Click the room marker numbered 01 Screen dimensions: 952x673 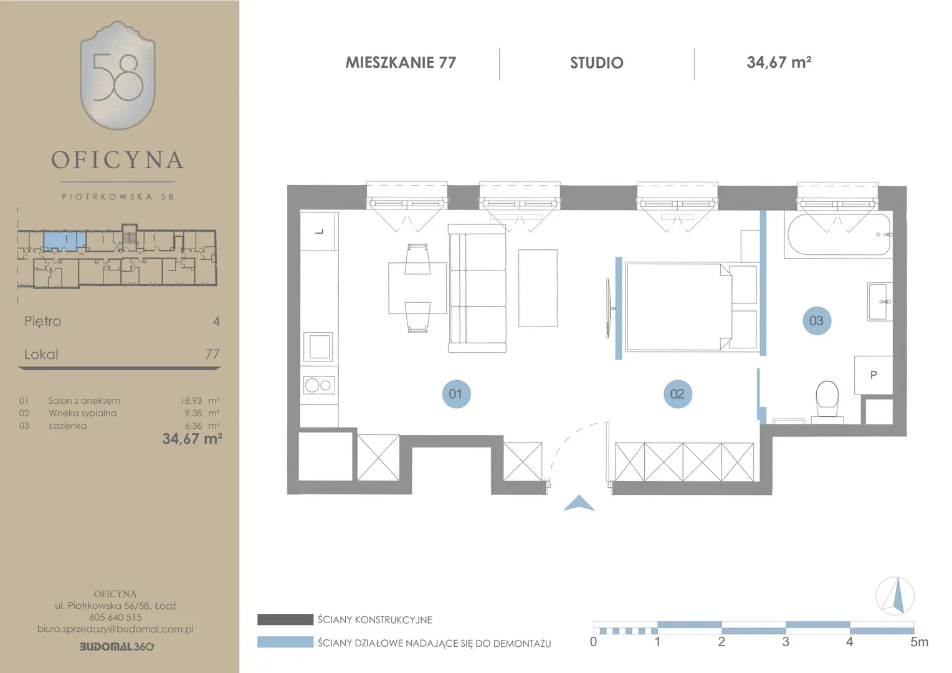tap(456, 394)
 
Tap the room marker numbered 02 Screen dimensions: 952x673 tap(677, 394)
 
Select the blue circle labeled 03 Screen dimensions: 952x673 tap(816, 320)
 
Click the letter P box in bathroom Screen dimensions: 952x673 tap(873, 375)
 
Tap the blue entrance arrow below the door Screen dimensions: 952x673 tap(578, 503)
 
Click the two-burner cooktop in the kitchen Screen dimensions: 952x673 tap(319, 385)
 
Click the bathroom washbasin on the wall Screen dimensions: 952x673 tap(880, 302)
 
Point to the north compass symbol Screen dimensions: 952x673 tap(895, 596)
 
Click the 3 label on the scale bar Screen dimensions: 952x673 tap(786, 642)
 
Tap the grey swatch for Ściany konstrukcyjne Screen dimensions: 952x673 tap(285, 619)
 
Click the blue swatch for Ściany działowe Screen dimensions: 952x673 tap(285, 642)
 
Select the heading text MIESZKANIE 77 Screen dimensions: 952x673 tap(401, 62)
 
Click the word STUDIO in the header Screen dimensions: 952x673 tap(597, 63)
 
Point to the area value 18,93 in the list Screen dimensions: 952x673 tap(191, 401)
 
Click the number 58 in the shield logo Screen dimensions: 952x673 tap(118, 77)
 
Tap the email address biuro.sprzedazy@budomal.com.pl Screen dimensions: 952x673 tap(116, 629)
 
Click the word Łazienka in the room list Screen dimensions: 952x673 tap(67, 426)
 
